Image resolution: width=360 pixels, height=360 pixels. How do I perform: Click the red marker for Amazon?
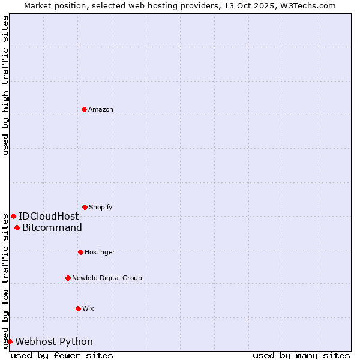84,109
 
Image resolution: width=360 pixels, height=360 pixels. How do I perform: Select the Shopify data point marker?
85,207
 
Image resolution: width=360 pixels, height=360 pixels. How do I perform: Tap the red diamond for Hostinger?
80,252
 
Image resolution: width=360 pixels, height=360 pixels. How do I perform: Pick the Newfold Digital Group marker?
68,278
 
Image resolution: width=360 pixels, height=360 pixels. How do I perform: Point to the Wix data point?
78,308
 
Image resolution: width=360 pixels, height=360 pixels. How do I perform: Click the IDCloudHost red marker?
13,216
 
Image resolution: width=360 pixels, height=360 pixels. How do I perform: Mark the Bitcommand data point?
17,227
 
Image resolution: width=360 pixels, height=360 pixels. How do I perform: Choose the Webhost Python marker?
10,341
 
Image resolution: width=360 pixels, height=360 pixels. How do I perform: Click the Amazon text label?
101,109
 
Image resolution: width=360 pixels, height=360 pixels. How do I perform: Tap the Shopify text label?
101,207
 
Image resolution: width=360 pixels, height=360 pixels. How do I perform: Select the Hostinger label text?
100,252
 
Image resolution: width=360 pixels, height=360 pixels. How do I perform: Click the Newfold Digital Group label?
107,278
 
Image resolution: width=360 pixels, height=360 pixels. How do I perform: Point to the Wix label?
88,308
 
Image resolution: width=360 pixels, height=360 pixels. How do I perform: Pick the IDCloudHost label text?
49,216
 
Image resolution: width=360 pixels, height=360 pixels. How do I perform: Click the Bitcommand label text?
52,227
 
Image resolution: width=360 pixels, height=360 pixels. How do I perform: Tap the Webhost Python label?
54,341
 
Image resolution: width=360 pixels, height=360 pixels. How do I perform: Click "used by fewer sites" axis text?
62,355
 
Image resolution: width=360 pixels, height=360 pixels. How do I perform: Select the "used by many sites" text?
301,355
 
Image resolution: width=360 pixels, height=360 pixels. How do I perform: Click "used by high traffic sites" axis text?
5,85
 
